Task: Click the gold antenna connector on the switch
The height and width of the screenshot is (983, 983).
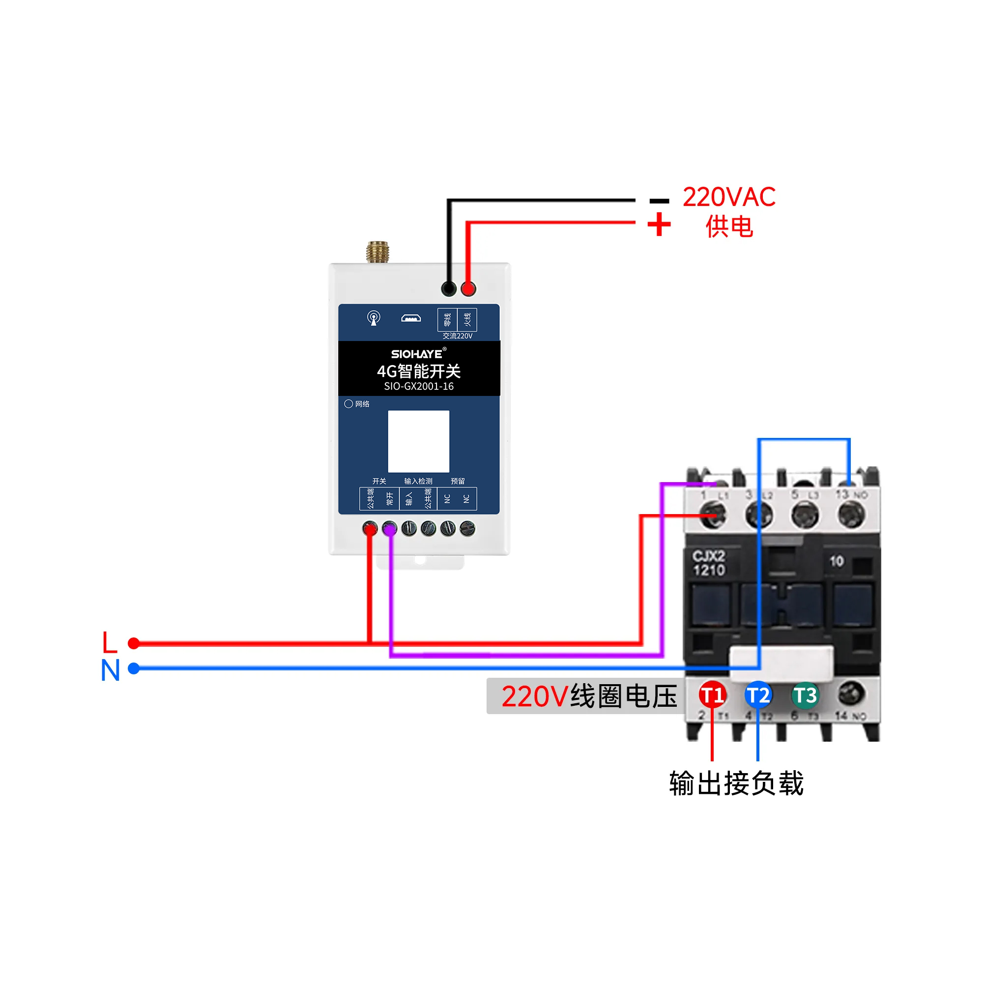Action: [x=377, y=252]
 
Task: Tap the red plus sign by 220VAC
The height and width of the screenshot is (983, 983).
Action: [x=659, y=225]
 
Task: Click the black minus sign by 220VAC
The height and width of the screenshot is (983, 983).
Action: [x=660, y=201]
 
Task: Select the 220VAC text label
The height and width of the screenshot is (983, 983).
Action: [x=728, y=198]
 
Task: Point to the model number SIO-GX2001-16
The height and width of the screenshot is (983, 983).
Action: [x=419, y=386]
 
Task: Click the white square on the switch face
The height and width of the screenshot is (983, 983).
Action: [x=418, y=441]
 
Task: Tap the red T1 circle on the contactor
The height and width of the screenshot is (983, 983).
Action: [x=712, y=695]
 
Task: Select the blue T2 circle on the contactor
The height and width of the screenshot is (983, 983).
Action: [x=758, y=695]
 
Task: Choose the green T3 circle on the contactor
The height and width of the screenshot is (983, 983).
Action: [x=805, y=695]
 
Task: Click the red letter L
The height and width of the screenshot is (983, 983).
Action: [x=110, y=642]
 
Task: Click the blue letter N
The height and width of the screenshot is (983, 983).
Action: [x=111, y=670]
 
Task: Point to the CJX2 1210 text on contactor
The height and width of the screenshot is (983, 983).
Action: [x=709, y=563]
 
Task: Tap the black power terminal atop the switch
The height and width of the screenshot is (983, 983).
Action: [x=448, y=289]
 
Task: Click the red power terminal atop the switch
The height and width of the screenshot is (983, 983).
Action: [x=468, y=289]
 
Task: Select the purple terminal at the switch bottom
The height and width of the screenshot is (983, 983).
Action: [x=389, y=529]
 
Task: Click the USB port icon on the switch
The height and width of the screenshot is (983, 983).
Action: [x=410, y=318]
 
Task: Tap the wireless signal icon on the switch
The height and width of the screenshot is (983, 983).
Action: [x=374, y=318]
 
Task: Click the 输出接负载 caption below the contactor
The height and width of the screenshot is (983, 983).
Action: [x=736, y=783]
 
